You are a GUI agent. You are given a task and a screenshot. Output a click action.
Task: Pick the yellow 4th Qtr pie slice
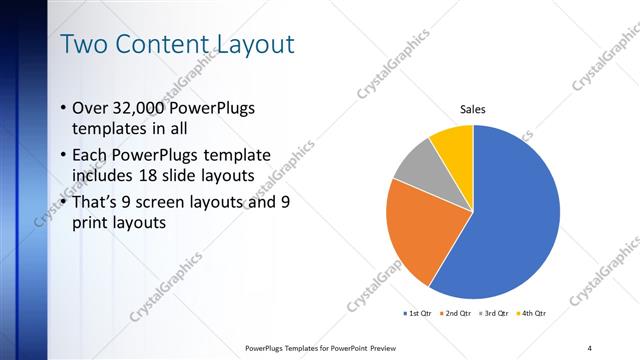pos(454,145)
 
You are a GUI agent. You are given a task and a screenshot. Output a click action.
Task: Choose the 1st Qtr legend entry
pos(417,314)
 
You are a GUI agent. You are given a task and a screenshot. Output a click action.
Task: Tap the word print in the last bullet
pos(93,223)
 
